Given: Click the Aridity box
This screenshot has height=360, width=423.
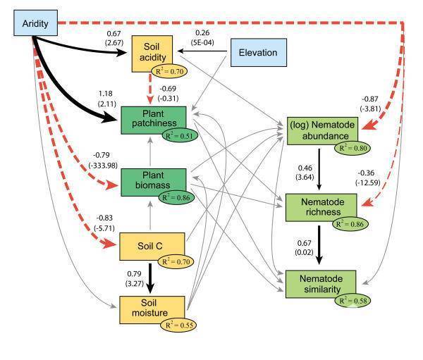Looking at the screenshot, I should coord(35,24).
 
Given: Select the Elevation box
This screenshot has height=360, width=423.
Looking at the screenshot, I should coord(257,53).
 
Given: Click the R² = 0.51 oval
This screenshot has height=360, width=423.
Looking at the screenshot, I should coord(185,135).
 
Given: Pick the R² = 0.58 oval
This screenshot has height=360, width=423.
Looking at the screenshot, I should coord(352,301).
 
